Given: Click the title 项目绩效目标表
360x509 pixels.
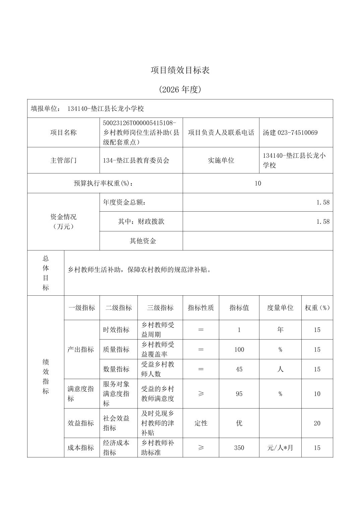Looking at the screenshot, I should click(x=180, y=70).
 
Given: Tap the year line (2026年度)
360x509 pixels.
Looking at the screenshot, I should click(x=180, y=90).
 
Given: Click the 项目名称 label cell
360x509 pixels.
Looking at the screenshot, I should click(x=63, y=133).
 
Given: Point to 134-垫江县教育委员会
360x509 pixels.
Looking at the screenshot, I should click(x=136, y=160).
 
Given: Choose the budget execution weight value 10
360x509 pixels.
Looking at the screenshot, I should click(x=258, y=183).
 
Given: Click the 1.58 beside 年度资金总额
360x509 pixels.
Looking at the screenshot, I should click(x=323, y=202).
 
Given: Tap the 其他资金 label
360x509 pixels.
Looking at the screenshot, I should click(x=143, y=241).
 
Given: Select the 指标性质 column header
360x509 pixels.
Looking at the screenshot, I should click(x=201, y=308).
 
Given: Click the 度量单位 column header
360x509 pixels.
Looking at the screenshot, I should click(x=280, y=308).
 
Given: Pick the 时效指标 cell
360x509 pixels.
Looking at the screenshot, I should click(x=116, y=330).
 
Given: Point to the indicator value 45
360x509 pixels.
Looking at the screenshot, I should click(x=239, y=369).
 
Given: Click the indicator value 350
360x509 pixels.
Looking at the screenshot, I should click(x=239, y=448).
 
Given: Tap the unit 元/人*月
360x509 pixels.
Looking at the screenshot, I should click(x=280, y=448).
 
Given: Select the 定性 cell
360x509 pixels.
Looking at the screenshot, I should click(x=201, y=423).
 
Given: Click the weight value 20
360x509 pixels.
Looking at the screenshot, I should click(x=317, y=423).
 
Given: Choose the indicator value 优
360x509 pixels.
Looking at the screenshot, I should click(x=239, y=423).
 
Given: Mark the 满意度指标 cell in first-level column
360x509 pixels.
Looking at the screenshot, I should click(x=81, y=394).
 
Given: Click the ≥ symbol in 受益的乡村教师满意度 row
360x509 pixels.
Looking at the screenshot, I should click(x=201, y=394).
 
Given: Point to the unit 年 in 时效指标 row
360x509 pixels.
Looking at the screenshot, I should click(x=280, y=330).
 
